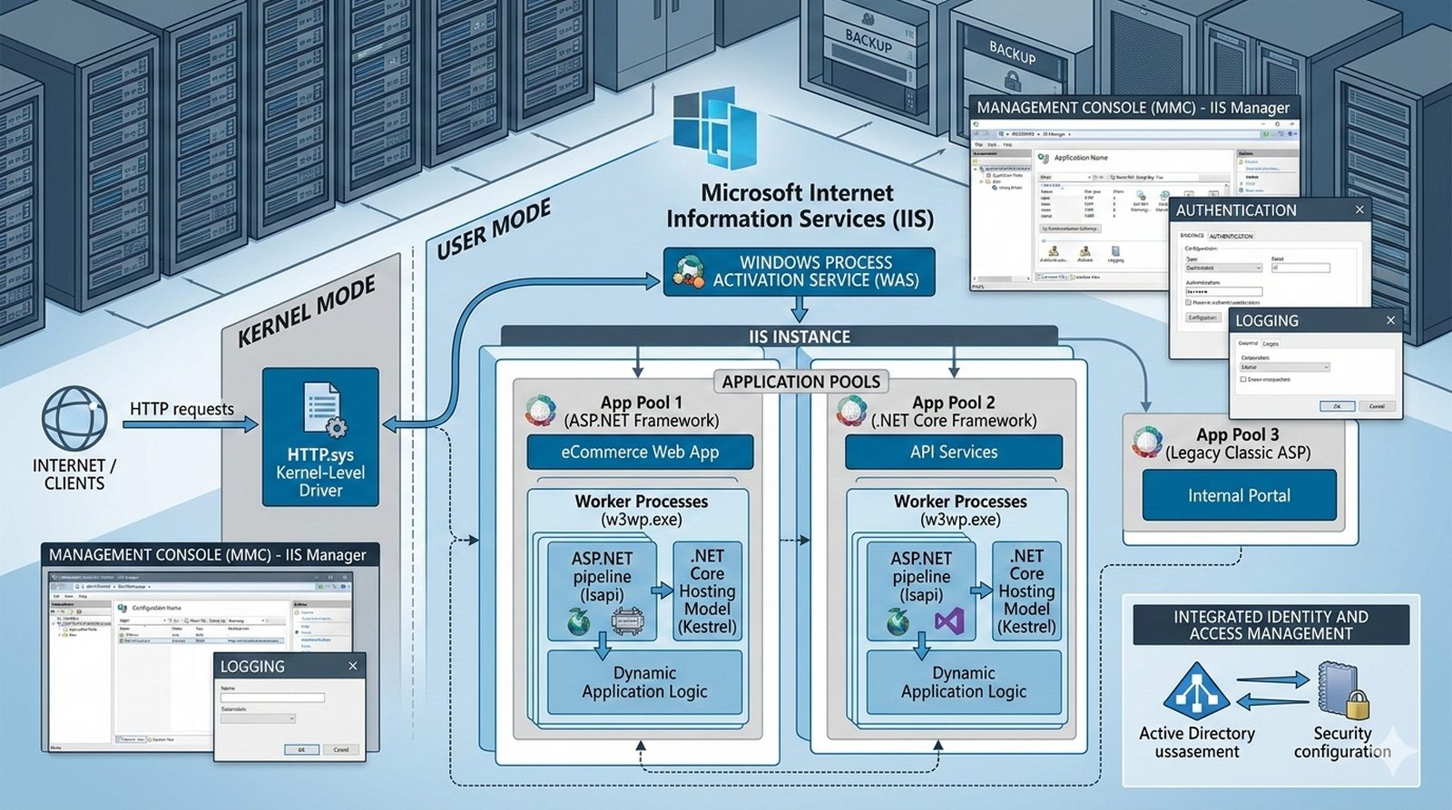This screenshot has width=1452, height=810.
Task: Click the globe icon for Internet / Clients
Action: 74,419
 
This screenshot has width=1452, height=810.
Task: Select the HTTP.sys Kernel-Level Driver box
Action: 320,437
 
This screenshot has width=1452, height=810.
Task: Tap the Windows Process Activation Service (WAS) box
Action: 799,271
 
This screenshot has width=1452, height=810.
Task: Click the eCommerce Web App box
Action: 640,452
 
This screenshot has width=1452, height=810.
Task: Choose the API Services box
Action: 954,452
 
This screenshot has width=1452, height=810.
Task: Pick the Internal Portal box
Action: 1239,495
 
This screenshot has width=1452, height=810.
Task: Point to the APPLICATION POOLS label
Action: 800,382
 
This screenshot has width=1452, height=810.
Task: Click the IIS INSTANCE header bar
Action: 799,337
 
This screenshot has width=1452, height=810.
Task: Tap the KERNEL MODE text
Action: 306,313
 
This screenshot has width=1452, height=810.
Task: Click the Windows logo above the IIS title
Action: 715,129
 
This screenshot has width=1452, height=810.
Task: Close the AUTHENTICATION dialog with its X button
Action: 1359,210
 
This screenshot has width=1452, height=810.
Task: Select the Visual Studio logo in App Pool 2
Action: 949,621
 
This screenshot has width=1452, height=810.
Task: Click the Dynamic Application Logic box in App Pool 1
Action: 644,682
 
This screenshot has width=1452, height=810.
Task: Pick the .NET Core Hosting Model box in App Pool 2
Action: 1026,591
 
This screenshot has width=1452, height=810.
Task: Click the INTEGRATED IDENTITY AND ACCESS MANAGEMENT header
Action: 1270,625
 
